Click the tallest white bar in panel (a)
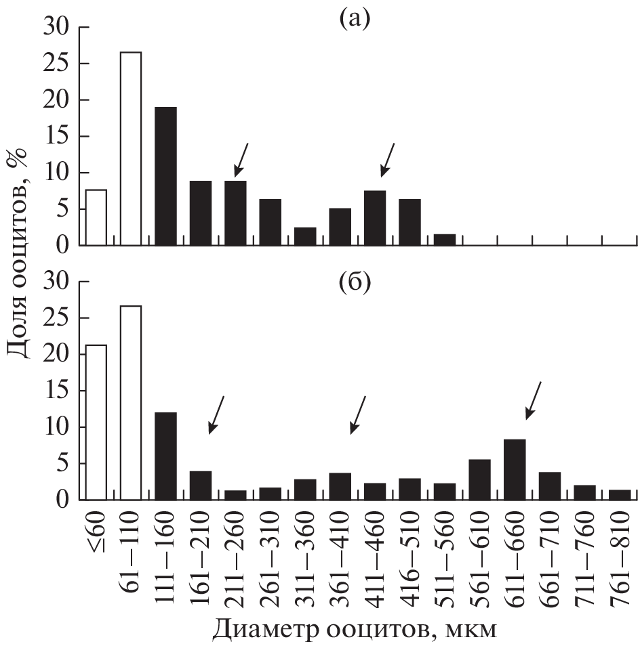131,148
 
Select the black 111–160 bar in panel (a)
166,176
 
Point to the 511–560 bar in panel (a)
445,240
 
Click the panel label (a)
355,18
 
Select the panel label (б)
355,283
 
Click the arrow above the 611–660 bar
534,400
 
